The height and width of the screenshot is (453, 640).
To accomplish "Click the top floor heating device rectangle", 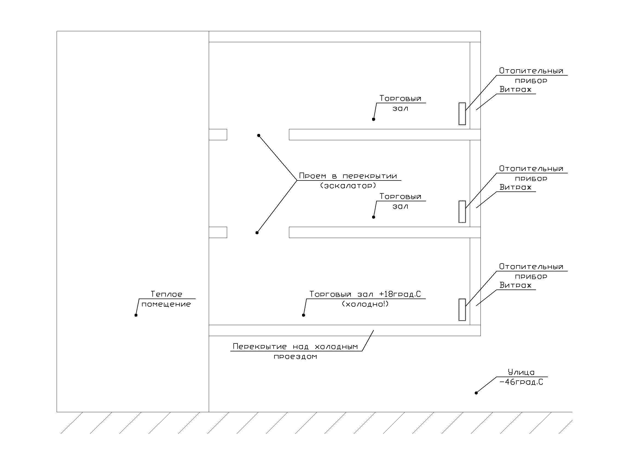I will click(462, 114).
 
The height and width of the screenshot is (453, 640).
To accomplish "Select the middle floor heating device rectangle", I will click(462, 212).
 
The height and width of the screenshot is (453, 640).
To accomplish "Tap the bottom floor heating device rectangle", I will click(462, 310).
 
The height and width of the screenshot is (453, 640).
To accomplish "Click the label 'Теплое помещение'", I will click(166, 299).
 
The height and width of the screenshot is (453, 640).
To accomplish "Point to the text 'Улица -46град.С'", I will click(521, 377).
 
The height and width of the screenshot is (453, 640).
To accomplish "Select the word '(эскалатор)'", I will click(348, 186).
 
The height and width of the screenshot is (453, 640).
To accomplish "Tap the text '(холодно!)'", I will click(365, 304).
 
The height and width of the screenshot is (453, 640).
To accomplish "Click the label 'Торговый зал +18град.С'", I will click(365, 294).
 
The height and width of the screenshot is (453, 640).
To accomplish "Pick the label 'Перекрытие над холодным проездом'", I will click(296, 351).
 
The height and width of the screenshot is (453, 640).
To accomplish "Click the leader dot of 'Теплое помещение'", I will click(136, 315).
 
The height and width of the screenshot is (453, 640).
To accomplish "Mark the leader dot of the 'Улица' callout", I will click(476, 393).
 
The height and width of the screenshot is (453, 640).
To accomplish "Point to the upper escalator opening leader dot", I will click(259, 136).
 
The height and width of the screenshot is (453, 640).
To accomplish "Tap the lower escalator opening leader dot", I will click(257, 233).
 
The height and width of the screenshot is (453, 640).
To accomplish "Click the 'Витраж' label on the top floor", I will click(516, 90).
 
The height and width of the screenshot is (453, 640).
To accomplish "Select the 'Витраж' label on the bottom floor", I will click(516, 285).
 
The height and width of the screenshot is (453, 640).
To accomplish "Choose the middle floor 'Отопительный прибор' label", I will click(531, 173).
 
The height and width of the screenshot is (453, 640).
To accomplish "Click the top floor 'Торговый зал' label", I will click(400, 103).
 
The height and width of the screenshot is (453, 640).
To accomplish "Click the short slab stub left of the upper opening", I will click(218, 134).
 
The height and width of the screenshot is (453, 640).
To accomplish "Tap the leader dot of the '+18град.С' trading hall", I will click(303, 315).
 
